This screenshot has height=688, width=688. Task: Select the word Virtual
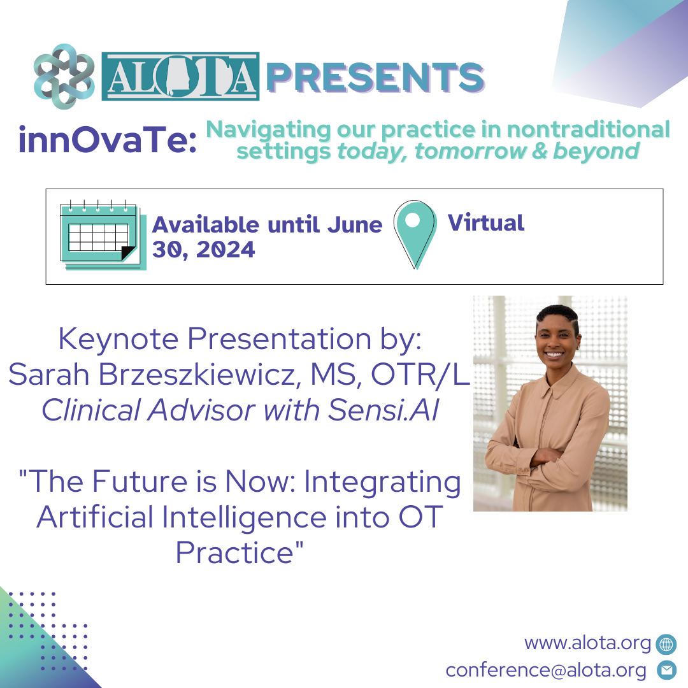pos(485,223)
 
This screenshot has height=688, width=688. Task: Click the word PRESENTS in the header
pos(375,77)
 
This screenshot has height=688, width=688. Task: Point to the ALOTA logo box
pos(180,76)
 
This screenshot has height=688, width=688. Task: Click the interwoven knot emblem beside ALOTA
pos(64,76)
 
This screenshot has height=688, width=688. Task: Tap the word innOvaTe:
pos(108,140)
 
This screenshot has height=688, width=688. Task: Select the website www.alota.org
pos(587,643)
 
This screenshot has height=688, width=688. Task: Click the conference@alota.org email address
pos(546,670)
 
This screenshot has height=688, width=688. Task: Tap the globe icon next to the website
pos(666,644)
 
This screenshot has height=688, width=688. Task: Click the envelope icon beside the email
pos(666,670)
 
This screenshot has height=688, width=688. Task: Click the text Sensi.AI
pos(383,410)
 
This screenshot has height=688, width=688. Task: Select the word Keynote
pos(118,339)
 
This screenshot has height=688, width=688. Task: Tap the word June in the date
pos(355,225)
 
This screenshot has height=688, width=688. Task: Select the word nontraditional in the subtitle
pos(589,129)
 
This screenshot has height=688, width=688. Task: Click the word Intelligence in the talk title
pos(245,517)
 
